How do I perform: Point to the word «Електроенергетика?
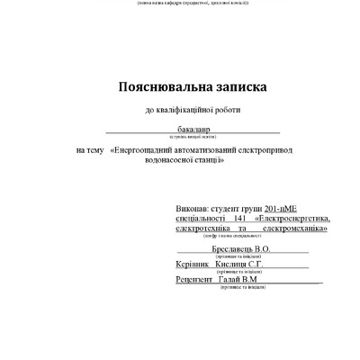point(293,218)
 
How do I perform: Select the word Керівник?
point(194,265)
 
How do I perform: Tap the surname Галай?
point(229,281)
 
